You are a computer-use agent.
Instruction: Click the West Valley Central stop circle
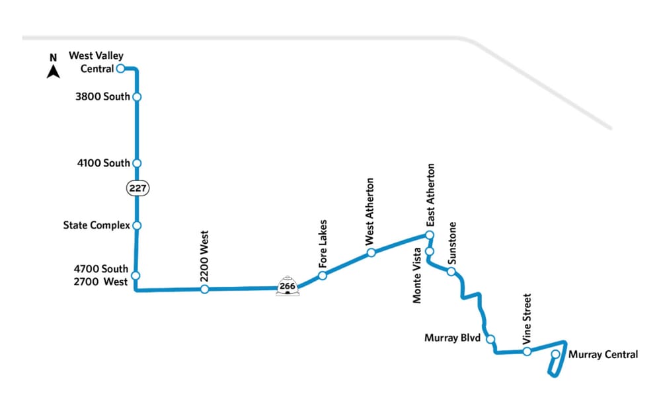pyautogui.click(x=121, y=68)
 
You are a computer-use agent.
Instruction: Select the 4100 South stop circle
pyautogui.click(x=137, y=163)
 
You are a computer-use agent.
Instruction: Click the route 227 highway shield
pyautogui.click(x=137, y=188)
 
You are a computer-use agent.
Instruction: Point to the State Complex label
pyautogui.click(x=97, y=225)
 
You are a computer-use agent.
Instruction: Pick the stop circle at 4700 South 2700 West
pyautogui.click(x=136, y=276)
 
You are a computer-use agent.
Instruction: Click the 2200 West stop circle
pyautogui.click(x=205, y=289)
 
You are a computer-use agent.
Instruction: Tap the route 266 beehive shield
pyautogui.click(x=287, y=285)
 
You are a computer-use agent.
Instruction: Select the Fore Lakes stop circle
pyautogui.click(x=323, y=275)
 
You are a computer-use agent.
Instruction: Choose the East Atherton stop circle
pyautogui.click(x=429, y=235)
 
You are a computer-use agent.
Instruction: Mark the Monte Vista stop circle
pyautogui.click(x=429, y=252)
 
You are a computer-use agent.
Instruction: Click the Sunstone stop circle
pyautogui.click(x=451, y=272)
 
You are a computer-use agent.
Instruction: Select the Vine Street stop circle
pyautogui.click(x=527, y=351)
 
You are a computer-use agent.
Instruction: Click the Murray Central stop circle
pyautogui.click(x=555, y=355)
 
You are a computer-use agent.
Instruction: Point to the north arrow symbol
pyautogui.click(x=54, y=67)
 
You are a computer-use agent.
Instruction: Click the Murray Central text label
pyautogui.click(x=603, y=355)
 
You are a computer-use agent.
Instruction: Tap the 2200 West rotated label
pyautogui.click(x=204, y=257)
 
